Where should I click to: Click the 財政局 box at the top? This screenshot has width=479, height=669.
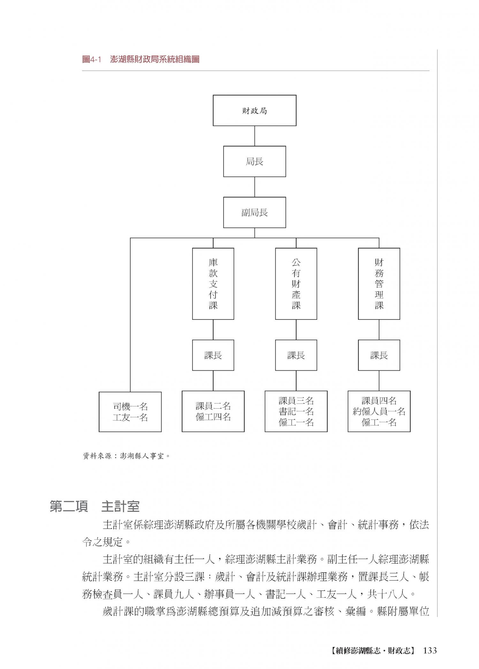(x=255, y=111)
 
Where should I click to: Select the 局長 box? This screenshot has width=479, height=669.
(x=255, y=162)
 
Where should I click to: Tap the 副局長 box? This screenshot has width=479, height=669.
(x=255, y=212)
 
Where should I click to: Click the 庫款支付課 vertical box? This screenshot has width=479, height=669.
(x=213, y=284)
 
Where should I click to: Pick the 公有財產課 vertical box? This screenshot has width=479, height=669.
(x=296, y=284)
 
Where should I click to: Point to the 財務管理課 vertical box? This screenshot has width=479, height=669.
(x=379, y=284)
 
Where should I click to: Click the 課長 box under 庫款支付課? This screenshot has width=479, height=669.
(x=213, y=355)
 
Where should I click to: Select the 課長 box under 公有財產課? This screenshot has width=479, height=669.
(x=296, y=355)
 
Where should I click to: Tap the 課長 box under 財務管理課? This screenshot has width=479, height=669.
(x=379, y=355)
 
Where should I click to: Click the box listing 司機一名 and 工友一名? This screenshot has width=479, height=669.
(x=130, y=411)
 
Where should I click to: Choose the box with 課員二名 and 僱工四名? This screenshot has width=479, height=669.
(x=213, y=411)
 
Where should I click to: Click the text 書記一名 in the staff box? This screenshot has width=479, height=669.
(x=296, y=411)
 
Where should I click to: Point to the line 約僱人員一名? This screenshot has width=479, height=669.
(x=379, y=411)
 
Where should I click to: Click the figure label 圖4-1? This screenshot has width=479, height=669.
(x=91, y=59)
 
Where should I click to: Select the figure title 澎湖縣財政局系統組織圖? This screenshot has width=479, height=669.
(x=155, y=59)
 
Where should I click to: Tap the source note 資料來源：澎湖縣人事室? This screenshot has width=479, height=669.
(x=126, y=456)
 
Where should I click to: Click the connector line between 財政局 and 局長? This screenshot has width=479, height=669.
(x=255, y=136)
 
